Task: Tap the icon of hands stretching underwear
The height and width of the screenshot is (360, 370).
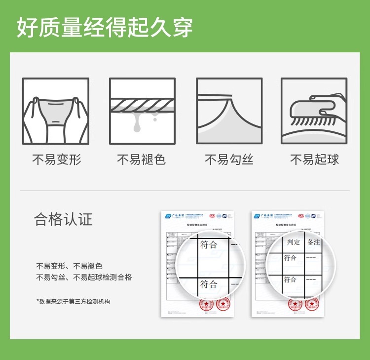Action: coord(56,111)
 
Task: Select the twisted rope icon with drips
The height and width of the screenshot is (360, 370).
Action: coord(142,111)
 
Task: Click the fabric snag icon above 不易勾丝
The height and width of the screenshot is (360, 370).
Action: coord(229,111)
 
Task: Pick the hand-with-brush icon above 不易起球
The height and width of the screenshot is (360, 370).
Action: coord(314,111)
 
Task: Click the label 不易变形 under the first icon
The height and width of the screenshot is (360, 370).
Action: coord(57,160)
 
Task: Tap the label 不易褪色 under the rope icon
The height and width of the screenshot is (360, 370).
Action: coord(142,160)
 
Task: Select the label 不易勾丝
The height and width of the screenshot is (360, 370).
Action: coord(229,160)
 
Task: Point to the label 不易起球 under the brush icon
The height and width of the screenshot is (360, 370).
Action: coord(314,160)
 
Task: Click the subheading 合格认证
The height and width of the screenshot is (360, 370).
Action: coord(63,219)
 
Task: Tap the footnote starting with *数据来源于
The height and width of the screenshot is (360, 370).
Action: coord(73,301)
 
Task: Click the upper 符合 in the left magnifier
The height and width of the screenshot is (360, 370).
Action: coord(209,245)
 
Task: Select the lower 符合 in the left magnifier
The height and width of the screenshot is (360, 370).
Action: coord(209,284)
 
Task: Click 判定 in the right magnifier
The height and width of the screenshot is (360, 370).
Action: coord(294,242)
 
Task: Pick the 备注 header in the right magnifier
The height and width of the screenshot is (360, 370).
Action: coord(314,242)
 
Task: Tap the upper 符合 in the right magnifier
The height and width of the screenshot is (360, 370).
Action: coord(290,258)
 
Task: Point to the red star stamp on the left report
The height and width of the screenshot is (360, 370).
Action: coord(203,305)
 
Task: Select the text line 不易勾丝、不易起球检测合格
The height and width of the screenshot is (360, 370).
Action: coord(84,278)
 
